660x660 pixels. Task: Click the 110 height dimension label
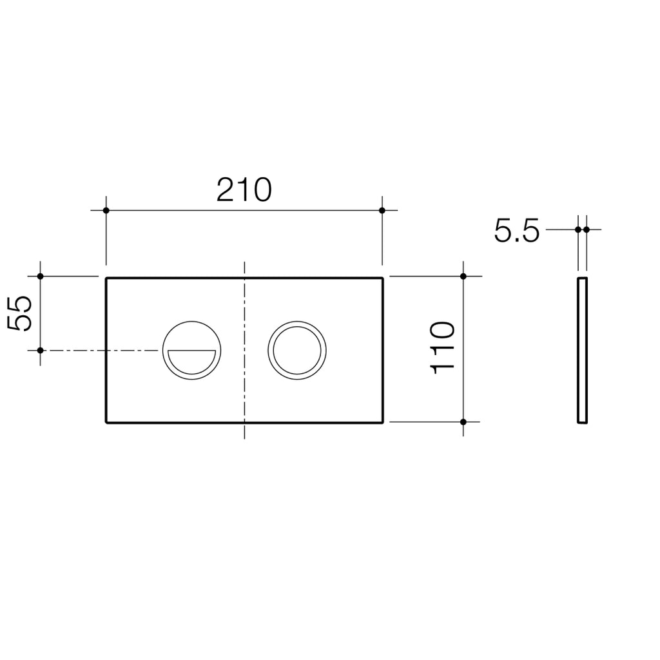click(x=443, y=348)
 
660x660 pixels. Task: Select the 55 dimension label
click(x=22, y=313)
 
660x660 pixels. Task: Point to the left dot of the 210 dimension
click(x=106, y=210)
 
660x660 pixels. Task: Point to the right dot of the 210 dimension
click(x=382, y=210)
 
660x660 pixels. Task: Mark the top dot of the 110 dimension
click(x=463, y=277)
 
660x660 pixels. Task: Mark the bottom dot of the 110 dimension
click(x=463, y=422)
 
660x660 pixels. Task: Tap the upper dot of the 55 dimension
click(x=40, y=277)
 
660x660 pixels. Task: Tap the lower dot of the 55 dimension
click(x=40, y=350)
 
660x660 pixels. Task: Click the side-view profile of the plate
click(x=583, y=350)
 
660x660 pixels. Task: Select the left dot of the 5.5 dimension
click(x=578, y=229)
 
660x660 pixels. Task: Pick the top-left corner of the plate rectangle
click(x=106, y=278)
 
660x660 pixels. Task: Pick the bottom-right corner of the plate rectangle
click(x=383, y=422)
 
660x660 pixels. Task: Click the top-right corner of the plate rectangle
click(x=383, y=278)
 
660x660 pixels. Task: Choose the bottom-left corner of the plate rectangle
click(x=106, y=422)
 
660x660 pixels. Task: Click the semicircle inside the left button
click(x=191, y=360)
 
